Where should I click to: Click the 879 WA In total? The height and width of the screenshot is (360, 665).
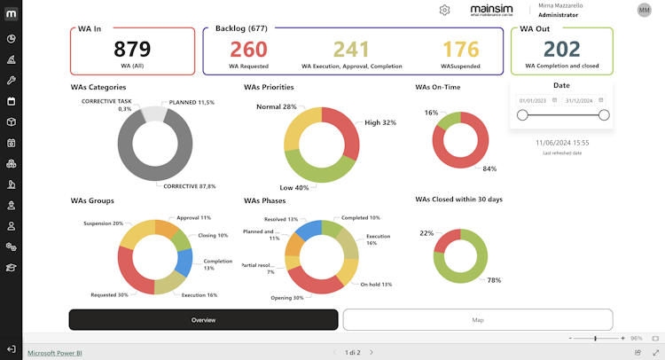click(131, 49)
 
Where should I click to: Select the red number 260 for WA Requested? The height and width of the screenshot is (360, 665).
click(248, 49)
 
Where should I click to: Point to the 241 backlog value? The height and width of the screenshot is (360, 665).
click(351, 49)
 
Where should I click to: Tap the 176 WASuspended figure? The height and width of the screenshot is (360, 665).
click(461, 49)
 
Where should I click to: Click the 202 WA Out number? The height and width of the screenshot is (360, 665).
click(561, 49)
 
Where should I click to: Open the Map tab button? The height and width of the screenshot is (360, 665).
click(477, 319)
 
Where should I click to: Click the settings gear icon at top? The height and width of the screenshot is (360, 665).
click(444, 10)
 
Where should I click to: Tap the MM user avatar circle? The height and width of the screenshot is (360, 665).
click(644, 10)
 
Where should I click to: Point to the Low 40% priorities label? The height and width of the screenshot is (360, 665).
click(293, 188)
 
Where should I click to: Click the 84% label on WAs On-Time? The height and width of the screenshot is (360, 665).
click(489, 168)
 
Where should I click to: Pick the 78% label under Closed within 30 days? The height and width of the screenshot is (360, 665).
click(494, 280)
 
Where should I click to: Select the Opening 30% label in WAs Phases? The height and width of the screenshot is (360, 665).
click(286, 298)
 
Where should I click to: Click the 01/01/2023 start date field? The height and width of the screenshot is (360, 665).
click(535, 100)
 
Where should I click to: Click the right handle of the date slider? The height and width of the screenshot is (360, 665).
click(604, 115)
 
